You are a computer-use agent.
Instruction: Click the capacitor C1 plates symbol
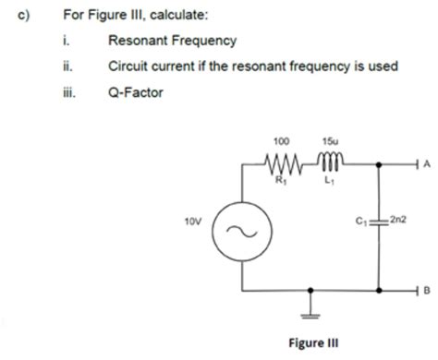pos(378,222)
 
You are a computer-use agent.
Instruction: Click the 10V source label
pos(193,222)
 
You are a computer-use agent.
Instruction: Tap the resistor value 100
pos(282,142)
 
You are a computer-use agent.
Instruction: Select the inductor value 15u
pos(329,142)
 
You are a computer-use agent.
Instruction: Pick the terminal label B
pos(427,289)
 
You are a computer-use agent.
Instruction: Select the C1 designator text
pos(360,222)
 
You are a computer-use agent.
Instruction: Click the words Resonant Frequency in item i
pos(172,41)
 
